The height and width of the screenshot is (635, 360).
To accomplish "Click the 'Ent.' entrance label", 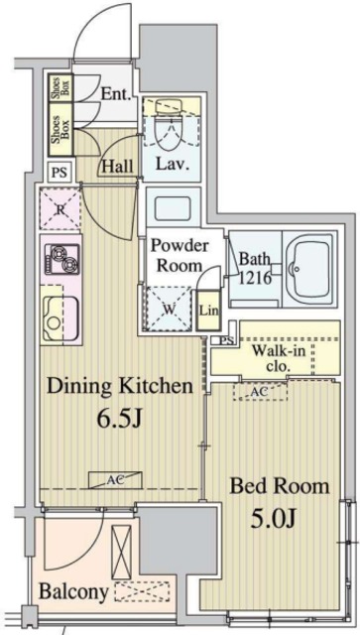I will pyautogui.click(x=117, y=95).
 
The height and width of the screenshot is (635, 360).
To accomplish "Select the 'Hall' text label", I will pyautogui.click(x=118, y=167).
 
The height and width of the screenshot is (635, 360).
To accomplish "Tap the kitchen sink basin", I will pyautogui.click(x=60, y=317).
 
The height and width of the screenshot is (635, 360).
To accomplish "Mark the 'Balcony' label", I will pyautogui.click(x=72, y=591).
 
